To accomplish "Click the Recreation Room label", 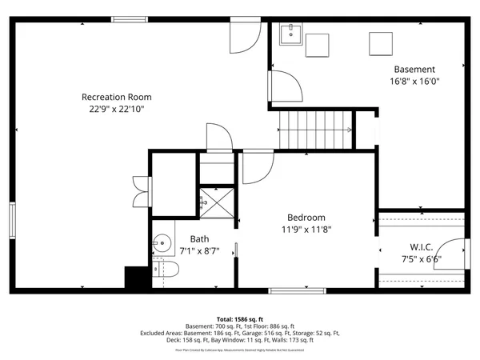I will point(116,97).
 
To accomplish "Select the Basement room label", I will point(414,70).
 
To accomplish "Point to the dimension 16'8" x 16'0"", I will point(414,82).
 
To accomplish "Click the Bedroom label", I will point(306,217).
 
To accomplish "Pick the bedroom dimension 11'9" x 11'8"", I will point(306,229).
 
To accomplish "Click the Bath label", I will point(199,238).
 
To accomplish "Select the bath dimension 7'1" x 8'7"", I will point(199,250).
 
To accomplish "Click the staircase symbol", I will point(315,130).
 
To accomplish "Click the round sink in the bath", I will point(163,243).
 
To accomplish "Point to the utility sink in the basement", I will point(290,34).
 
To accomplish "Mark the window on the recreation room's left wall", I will point(12,221).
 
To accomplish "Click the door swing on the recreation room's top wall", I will point(244,34).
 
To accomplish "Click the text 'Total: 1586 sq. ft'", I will point(239,318).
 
